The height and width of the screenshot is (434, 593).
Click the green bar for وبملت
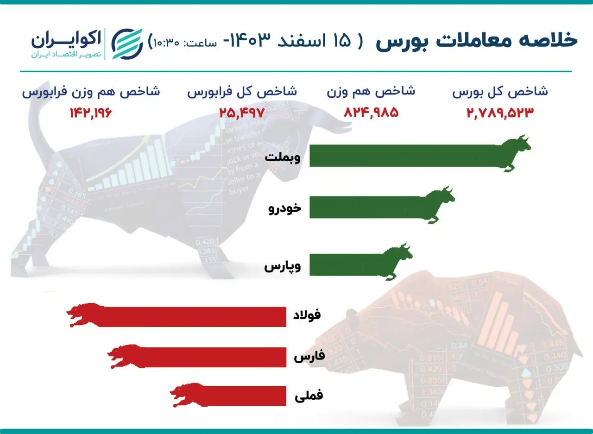403,156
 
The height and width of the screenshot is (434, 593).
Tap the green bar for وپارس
345,264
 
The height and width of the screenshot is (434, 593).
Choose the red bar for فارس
213,358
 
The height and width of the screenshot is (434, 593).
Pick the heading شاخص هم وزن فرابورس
91,91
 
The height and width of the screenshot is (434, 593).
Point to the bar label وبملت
283,157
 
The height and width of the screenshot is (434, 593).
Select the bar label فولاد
307,315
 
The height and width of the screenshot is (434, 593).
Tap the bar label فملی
309,396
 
